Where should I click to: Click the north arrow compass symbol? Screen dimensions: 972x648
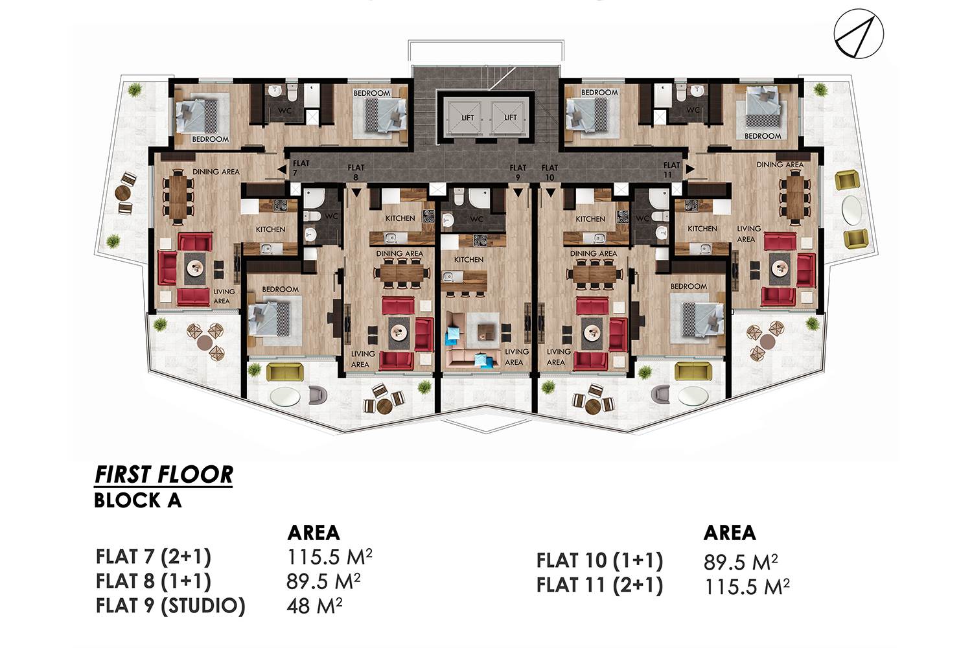pyautogui.click(x=859, y=34)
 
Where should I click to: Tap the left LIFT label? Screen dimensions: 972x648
pyautogui.click(x=467, y=118)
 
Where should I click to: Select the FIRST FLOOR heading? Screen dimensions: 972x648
pyautogui.click(x=163, y=474)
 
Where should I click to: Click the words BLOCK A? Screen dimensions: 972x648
pyautogui.click(x=137, y=500)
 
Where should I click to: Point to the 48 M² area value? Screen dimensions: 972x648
pyautogui.click(x=314, y=605)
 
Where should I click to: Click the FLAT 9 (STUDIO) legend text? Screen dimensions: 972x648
pyautogui.click(x=170, y=605)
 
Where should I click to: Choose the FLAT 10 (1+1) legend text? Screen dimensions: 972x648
pyautogui.click(x=599, y=561)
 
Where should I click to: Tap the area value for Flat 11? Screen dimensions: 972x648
pyautogui.click(x=746, y=586)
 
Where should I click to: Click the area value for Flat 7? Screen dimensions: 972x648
pyautogui.click(x=329, y=557)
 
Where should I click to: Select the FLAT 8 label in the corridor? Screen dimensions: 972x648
pyautogui.click(x=356, y=172)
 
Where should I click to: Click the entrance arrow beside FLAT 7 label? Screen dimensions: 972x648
pyautogui.click(x=282, y=169)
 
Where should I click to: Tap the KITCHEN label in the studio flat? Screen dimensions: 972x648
pyautogui.click(x=469, y=260)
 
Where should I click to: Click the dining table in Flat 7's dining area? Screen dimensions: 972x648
pyautogui.click(x=178, y=197)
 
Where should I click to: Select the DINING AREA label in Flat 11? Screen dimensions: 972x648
pyautogui.click(x=780, y=165)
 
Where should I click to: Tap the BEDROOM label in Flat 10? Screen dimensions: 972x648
pyautogui.click(x=688, y=286)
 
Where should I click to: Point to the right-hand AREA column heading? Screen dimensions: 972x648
pyautogui.click(x=730, y=533)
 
